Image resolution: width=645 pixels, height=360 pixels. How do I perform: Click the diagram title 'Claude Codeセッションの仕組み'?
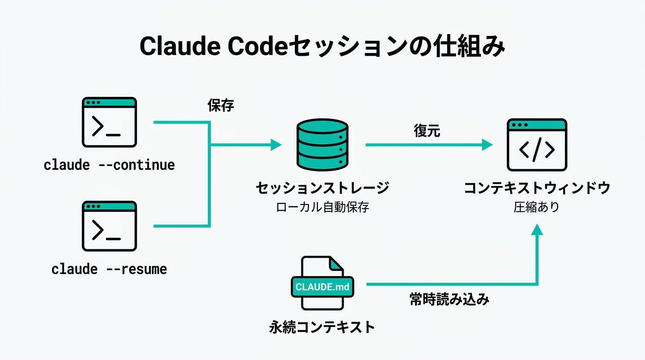(322, 47)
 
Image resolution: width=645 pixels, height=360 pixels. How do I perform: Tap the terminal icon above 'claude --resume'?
(109, 226)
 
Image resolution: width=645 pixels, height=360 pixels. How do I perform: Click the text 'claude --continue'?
(109, 165)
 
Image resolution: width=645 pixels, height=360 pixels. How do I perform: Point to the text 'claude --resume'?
(109, 269)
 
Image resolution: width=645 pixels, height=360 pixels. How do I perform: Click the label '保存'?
(221, 105)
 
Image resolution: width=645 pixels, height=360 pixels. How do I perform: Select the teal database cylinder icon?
(322, 145)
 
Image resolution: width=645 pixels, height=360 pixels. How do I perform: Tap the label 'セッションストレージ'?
(322, 188)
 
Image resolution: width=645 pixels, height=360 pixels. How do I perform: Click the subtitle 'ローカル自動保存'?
(322, 207)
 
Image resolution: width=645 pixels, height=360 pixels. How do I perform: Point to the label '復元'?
(427, 131)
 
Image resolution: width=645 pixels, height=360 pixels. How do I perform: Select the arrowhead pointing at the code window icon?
(487, 145)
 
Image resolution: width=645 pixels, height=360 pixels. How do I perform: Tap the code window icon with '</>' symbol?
(537, 145)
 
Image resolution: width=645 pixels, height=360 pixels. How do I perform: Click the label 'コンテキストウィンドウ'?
(537, 188)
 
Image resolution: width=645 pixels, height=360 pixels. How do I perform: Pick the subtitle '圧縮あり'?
(537, 207)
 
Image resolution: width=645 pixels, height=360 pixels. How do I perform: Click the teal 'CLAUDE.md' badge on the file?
(322, 286)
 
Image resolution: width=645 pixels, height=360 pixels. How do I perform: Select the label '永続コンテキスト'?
(322, 327)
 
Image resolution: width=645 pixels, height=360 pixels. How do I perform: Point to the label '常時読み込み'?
(450, 300)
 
